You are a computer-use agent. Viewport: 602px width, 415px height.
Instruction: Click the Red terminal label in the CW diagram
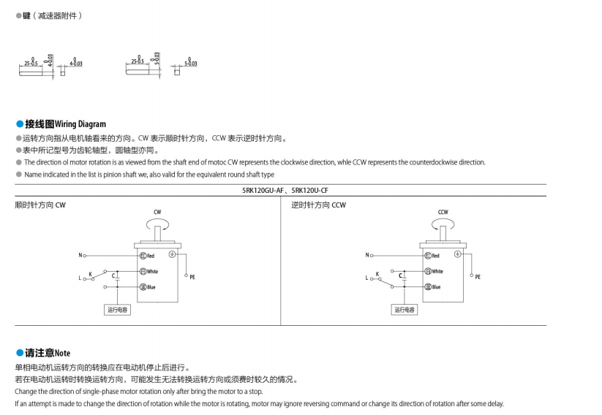pos(150,256)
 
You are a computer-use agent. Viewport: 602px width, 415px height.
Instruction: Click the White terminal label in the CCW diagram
pos(436,271)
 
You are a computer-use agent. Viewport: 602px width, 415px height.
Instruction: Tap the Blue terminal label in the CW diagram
pos(150,287)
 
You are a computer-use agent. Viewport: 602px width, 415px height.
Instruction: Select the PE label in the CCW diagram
pos(478,277)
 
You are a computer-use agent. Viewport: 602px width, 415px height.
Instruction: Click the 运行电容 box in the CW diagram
pos(118,310)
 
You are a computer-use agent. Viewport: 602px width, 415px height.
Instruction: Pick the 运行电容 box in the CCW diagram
pos(404,310)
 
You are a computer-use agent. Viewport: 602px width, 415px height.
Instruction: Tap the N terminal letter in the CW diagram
pos(80,255)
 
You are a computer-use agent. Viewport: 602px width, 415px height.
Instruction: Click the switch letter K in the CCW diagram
pos(377,274)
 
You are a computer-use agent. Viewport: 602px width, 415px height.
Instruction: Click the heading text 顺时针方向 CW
pos(41,205)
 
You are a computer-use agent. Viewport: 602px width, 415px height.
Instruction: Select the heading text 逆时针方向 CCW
pos(318,205)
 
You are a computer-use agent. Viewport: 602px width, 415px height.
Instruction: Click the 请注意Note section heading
pos(48,353)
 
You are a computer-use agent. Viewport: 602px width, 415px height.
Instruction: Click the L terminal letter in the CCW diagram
pos(366,278)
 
